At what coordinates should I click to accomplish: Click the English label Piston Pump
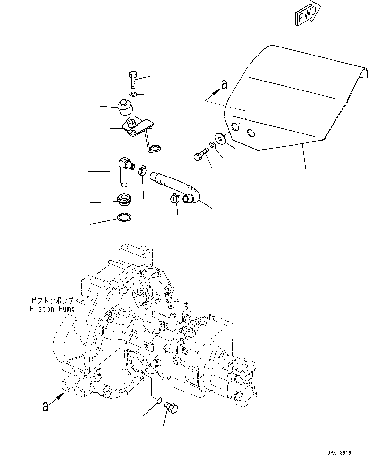(52, 309)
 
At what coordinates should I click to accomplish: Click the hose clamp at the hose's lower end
(175, 199)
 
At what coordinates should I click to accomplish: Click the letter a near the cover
(224, 84)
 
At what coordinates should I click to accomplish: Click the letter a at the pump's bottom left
(46, 406)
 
